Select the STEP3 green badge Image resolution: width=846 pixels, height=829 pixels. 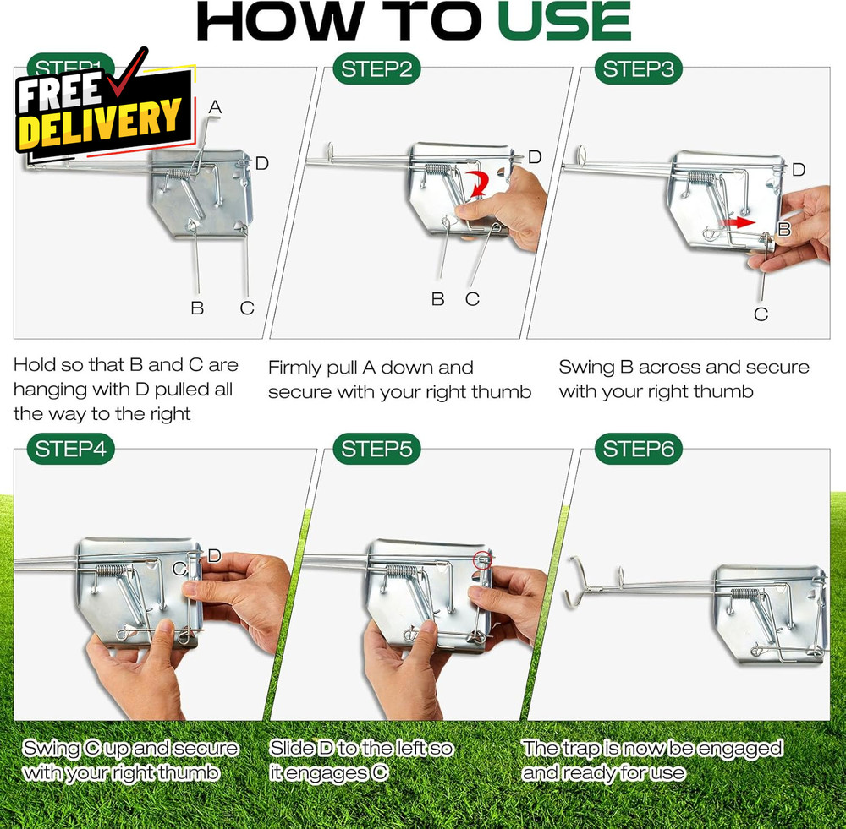(639, 69)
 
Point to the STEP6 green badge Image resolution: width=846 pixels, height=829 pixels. (639, 450)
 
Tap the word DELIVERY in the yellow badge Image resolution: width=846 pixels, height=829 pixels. (100, 123)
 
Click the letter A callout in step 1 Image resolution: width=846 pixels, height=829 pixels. (215, 107)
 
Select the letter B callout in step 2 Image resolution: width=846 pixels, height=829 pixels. (437, 299)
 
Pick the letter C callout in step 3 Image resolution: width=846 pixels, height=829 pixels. (761, 314)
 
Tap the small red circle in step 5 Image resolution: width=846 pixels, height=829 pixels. (483, 558)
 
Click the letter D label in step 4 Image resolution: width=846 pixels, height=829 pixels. (214, 556)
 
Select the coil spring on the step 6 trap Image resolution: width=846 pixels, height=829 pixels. (744, 593)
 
